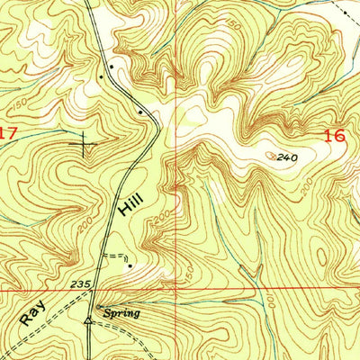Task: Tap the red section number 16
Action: pyautogui.click(x=334, y=135)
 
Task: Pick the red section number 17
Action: pyautogui.click(x=8, y=132)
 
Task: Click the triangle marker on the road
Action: pyautogui.click(x=87, y=319)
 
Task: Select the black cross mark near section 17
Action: pyautogui.click(x=85, y=141)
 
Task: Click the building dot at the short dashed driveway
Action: pyautogui.click(x=130, y=265)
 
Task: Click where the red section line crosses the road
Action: pyautogui.click(x=96, y=291)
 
